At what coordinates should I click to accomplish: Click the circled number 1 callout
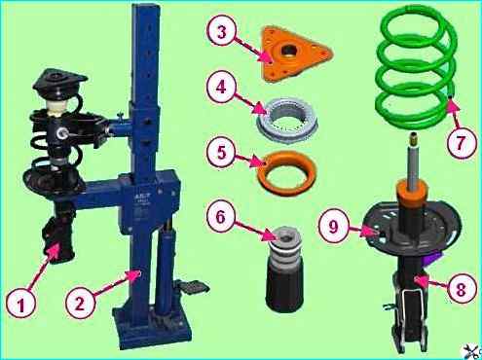(21, 304)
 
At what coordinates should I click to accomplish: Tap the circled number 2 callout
(80, 304)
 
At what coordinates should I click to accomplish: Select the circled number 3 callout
(221, 32)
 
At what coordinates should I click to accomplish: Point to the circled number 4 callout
(221, 87)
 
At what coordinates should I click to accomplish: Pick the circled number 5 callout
(221, 152)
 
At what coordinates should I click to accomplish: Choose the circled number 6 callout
(221, 216)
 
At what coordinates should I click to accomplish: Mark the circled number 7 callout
(461, 142)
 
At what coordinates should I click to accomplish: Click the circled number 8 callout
(461, 289)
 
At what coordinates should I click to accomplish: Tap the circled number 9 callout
(334, 226)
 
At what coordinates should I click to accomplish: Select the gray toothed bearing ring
(287, 120)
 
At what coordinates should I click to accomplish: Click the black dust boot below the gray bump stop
(284, 282)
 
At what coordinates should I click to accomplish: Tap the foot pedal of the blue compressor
(193, 287)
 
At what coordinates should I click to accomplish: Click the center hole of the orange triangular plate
(288, 51)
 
